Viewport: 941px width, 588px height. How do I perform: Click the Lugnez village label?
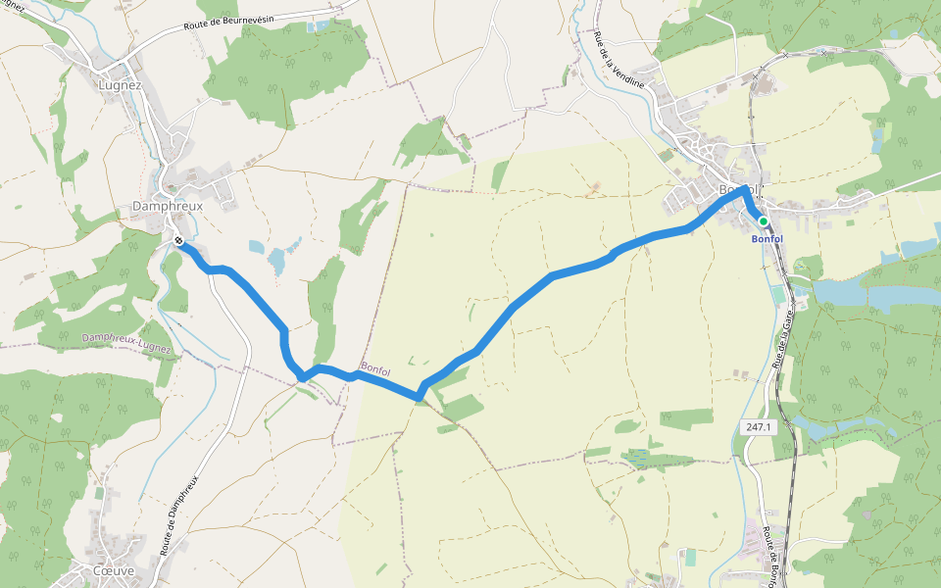pyautogui.click(x=121, y=85)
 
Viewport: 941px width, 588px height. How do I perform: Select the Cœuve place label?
pyautogui.click(x=113, y=569)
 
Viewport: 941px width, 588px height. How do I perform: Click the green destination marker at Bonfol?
pyautogui.click(x=764, y=221)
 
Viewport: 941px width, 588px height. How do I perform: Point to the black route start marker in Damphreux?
pyautogui.click(x=179, y=240)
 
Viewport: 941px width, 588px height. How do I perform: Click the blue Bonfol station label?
pyautogui.click(x=767, y=239)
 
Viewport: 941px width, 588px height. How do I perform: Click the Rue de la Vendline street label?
pyautogui.click(x=619, y=60)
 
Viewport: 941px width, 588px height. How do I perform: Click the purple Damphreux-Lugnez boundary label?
pyautogui.click(x=126, y=342)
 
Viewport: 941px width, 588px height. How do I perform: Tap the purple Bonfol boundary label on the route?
pyautogui.click(x=375, y=369)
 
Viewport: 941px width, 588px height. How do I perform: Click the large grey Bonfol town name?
pyautogui.click(x=737, y=190)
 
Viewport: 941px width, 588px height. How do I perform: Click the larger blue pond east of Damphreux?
pyautogui.click(x=276, y=261)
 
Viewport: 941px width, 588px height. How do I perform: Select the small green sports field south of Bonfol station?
pyautogui.click(x=779, y=295)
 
